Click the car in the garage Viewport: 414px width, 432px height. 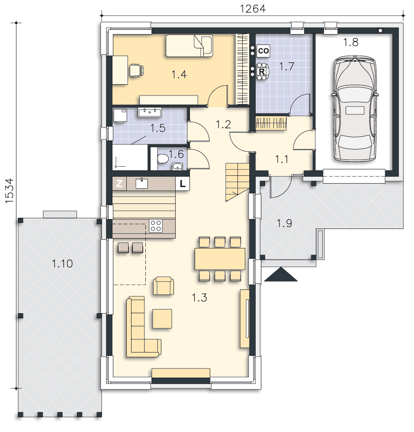[x=355, y=108]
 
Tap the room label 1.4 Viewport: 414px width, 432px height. [x=179, y=74]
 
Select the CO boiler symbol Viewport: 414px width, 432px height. [x=263, y=51]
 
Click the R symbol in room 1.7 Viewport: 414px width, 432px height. [x=262, y=72]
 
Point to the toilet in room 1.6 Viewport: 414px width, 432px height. [x=163, y=159]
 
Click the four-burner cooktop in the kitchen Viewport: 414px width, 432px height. [x=156, y=226]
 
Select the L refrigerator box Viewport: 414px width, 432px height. [x=183, y=184]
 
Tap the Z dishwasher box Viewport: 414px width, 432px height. [x=119, y=184]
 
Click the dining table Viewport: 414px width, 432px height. [x=220, y=259]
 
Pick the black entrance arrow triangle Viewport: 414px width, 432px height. [x=281, y=274]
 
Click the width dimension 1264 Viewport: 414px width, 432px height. [x=253, y=9]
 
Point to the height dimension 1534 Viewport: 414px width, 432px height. [x=10, y=191]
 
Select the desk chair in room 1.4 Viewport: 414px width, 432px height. [x=137, y=70]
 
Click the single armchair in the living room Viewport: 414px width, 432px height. [x=164, y=286]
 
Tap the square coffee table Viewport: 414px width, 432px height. [x=162, y=319]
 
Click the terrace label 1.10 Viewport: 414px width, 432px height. [x=62, y=264]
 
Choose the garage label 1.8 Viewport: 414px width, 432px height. [x=351, y=42]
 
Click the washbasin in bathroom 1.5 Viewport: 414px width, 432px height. [x=150, y=113]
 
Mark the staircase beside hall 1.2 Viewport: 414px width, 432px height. [x=237, y=182]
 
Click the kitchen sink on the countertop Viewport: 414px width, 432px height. [x=142, y=183]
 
